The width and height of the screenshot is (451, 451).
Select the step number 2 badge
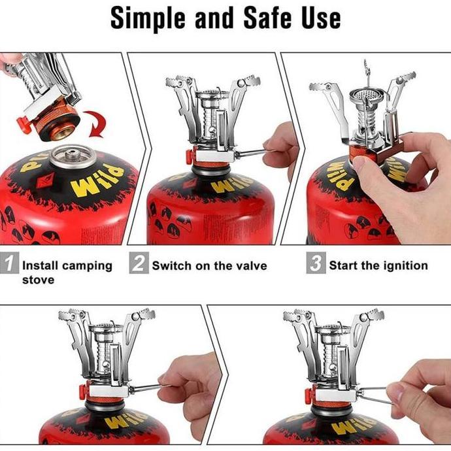pyautogui.click(x=138, y=265)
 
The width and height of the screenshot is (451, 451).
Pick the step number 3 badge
pyautogui.click(x=316, y=265)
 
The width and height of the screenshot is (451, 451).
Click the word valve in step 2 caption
pyautogui.click(x=249, y=265)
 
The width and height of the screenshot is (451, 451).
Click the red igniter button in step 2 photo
pyautogui.click(x=189, y=157)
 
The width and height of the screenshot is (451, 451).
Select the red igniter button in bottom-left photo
pyautogui.click(x=83, y=392)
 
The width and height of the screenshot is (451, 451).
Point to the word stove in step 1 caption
pyautogui.click(x=37, y=280)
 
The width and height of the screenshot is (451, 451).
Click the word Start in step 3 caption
pyautogui.click(x=344, y=265)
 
